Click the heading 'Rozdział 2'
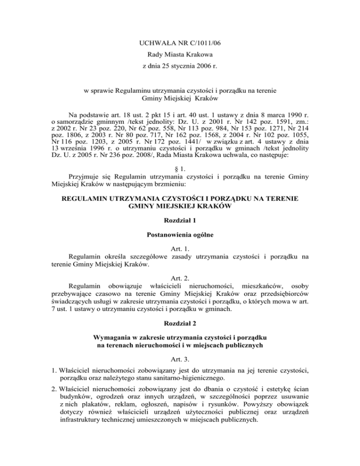tap(180, 323)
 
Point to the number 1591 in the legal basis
tap(258, 135)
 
